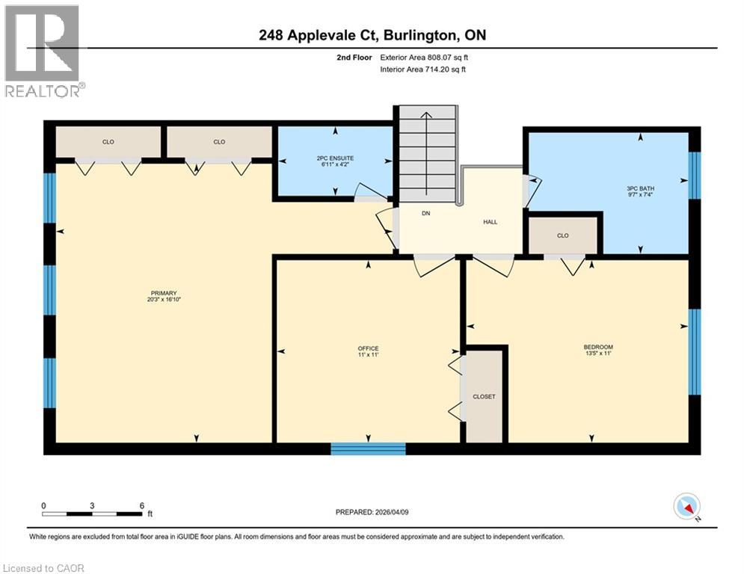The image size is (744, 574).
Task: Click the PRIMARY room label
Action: pos(164,293)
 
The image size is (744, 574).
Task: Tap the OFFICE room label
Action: pos(368,349)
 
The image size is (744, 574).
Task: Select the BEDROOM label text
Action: pos(598,348)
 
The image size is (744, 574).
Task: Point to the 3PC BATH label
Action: pos(640,188)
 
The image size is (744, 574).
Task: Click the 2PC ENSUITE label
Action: pos(336,158)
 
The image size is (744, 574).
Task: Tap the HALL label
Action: pos(491,221)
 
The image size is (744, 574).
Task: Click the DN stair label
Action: pos(426,214)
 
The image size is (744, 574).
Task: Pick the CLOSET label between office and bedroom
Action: pos(484,397)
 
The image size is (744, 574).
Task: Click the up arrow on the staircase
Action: pos(426,153)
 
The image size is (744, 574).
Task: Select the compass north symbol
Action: pos(687,507)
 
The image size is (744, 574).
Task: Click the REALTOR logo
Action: pos(42,51)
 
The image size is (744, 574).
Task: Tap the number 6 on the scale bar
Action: pos(142,506)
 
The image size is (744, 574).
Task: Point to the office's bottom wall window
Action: pos(368,448)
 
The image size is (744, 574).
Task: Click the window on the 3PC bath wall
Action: pos(695,175)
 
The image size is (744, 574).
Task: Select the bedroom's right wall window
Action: pos(695,352)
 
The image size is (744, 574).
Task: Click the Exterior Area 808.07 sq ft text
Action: pos(424,58)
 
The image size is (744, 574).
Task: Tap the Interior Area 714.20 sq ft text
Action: pos(422,70)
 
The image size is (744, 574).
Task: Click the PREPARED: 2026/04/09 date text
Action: pos(372,512)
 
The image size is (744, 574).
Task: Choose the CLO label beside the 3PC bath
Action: pos(563,235)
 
